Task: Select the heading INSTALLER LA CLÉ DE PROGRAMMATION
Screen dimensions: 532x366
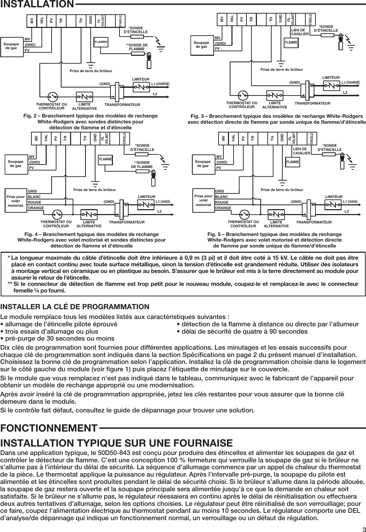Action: [75, 307]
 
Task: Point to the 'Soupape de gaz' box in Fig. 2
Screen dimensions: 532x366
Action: [11, 46]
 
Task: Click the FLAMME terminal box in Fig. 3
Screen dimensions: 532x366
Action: [291, 43]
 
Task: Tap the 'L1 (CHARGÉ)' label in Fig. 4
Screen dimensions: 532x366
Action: [163, 202]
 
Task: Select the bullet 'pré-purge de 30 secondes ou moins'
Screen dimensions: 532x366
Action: [59, 339]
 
